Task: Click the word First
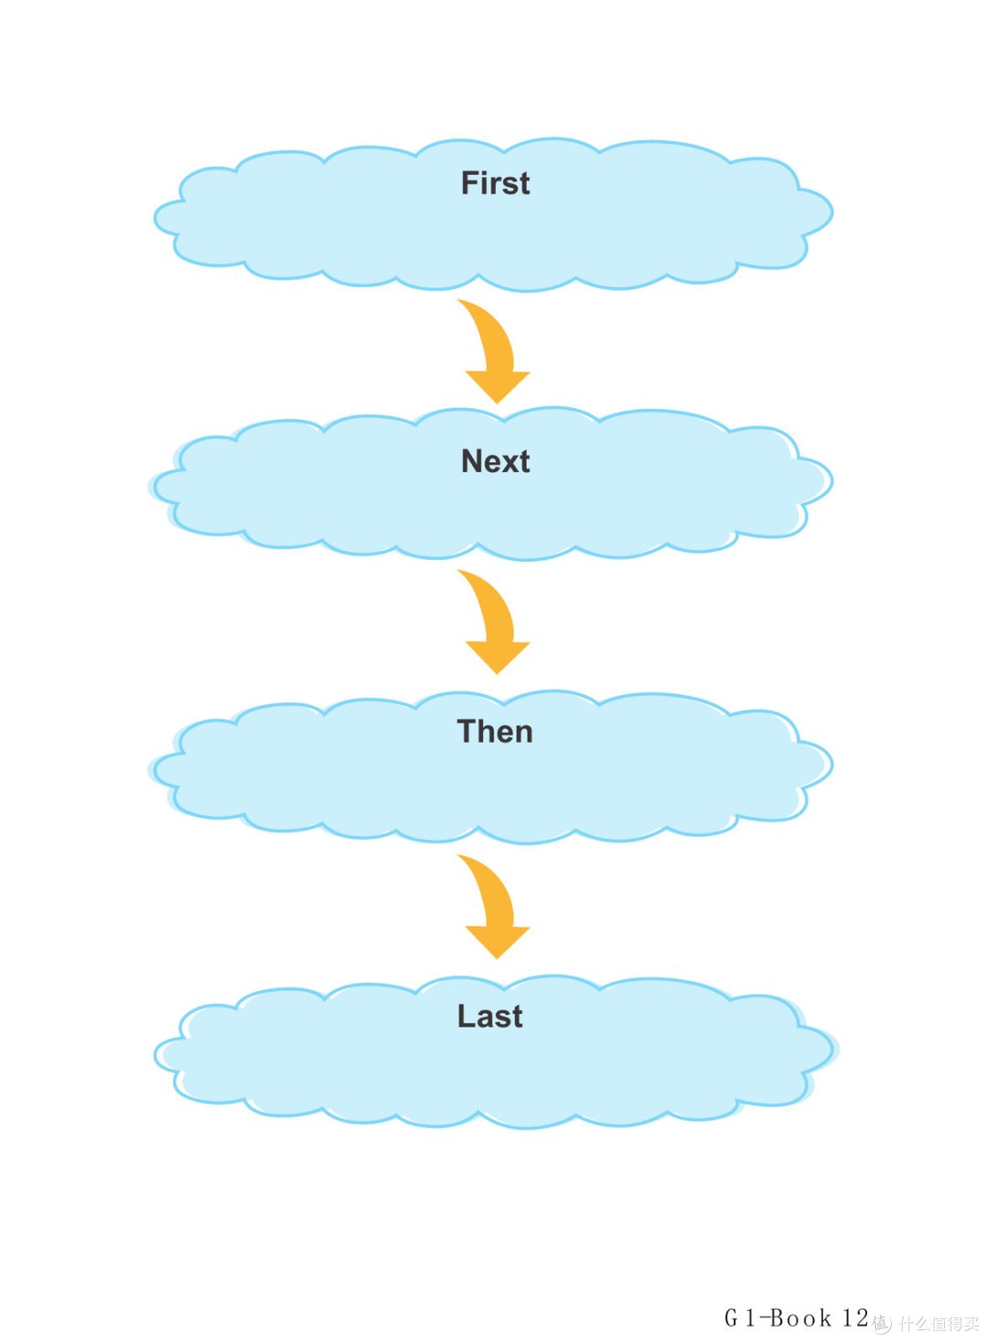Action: pyautogui.click(x=495, y=183)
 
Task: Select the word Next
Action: pyautogui.click(x=495, y=461)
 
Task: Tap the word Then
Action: pyautogui.click(x=495, y=731)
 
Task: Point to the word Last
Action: pyautogui.click(x=489, y=1016)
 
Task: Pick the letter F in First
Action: pyautogui.click(x=469, y=183)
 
